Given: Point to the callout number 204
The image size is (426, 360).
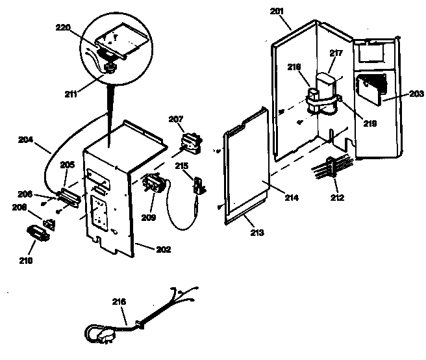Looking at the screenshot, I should click(26, 139).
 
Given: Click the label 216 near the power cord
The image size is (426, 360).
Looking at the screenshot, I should click(119, 302).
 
